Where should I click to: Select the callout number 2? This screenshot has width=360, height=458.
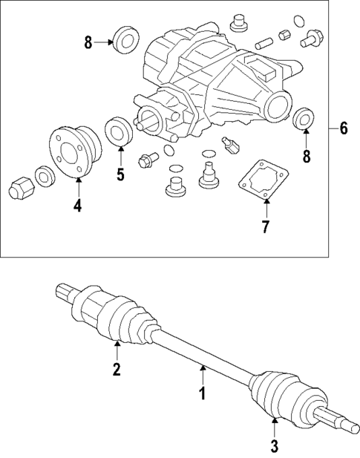pos(117,370)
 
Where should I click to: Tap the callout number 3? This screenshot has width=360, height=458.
pos(274,445)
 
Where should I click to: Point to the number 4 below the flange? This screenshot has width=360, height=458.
pos(77,206)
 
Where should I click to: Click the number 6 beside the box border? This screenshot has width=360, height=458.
pos(343,128)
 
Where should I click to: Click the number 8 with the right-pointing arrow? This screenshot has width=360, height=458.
pos(88,42)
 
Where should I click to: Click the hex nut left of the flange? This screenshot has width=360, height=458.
pos(20,188)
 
